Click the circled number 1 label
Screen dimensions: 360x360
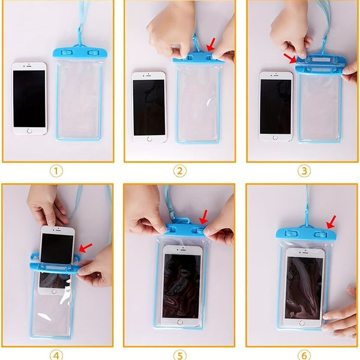coord(56,171)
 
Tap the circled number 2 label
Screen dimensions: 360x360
coord(180,171)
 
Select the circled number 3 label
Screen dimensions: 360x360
coord(304,171)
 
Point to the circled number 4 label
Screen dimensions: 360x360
coord(56,356)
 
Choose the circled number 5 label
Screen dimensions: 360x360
coord(180,356)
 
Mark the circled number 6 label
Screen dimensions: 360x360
coord(304,356)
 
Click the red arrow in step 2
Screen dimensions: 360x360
coord(211,45)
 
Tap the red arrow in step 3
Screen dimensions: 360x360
coord(290,58)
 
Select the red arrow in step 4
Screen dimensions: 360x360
coord(85,248)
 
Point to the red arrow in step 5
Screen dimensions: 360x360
coord(203,217)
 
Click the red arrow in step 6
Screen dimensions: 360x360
coord(331,222)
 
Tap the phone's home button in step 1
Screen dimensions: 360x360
coord(29,131)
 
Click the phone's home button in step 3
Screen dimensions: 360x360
coord(275,138)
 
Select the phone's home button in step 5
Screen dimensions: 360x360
coord(180,322)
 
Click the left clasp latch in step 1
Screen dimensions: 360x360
coord(67,53)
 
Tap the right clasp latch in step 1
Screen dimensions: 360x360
coord(94,53)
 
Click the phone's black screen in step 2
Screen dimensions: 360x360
coord(149,107)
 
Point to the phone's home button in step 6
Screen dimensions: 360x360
coord(302,323)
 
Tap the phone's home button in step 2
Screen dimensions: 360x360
coord(149,139)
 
